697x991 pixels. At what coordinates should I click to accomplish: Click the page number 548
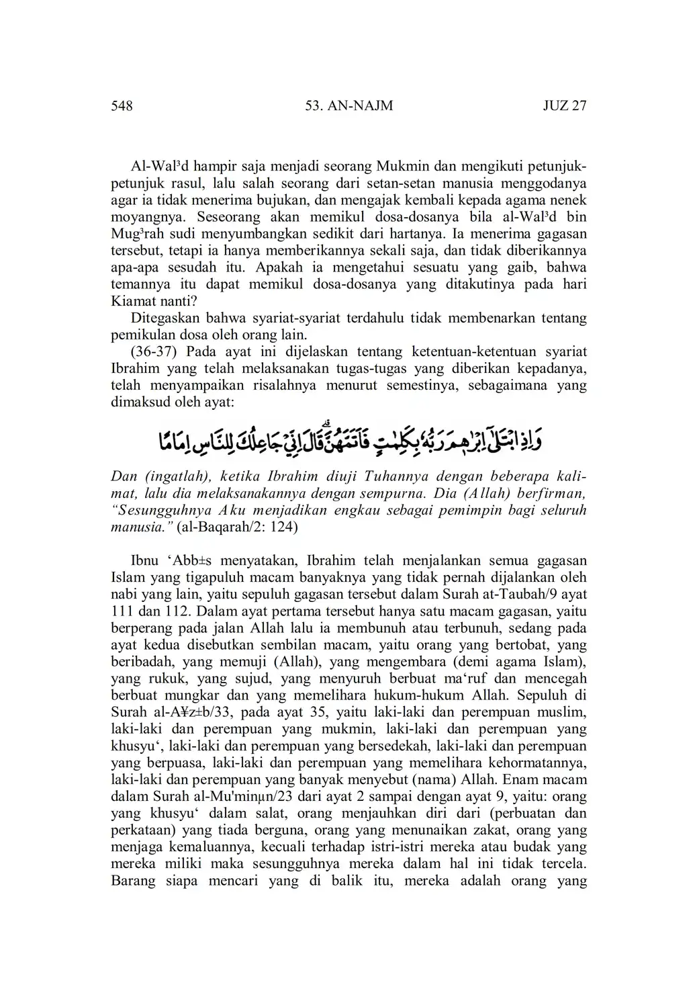tap(122, 106)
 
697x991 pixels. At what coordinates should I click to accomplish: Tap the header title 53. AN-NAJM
tap(348, 106)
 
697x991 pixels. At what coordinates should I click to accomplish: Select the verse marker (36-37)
tap(155, 351)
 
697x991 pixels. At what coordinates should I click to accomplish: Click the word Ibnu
tap(144, 560)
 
